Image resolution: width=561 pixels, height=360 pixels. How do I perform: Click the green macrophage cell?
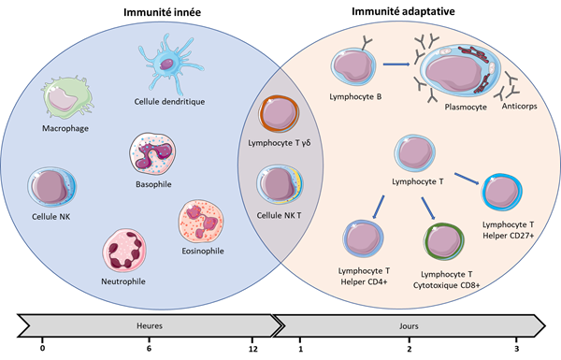(66, 97)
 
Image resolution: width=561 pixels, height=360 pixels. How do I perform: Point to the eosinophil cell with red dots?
(201, 222)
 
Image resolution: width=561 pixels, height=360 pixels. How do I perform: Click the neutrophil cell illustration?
(124, 251)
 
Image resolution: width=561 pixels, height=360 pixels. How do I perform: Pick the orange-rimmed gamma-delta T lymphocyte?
(279, 114)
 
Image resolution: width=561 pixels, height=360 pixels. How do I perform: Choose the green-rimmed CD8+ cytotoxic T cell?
(444, 241)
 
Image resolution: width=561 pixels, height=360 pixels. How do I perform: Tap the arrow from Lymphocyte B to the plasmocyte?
(396, 65)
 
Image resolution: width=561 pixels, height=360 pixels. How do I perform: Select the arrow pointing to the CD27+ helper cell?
(467, 179)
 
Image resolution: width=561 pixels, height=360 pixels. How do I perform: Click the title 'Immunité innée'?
(162, 12)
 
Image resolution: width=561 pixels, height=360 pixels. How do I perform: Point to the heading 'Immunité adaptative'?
(403, 11)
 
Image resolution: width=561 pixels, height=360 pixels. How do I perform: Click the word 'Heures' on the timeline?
(150, 325)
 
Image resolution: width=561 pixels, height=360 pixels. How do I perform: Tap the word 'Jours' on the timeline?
(409, 326)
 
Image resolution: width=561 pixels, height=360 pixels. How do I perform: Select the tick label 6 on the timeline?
(149, 348)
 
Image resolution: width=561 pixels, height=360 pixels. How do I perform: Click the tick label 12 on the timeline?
(253, 349)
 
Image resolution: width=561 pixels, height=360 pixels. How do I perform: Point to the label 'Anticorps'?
(519, 107)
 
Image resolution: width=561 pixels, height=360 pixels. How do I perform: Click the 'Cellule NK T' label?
(279, 215)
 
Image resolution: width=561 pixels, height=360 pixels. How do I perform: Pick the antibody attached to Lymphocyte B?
(366, 42)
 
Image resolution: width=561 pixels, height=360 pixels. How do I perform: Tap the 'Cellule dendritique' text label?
(169, 102)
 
